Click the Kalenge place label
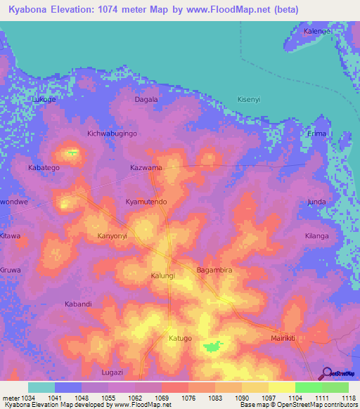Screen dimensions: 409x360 (x=316, y=32)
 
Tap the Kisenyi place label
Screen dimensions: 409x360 (x=249, y=99)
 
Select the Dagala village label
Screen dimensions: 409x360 (x=146, y=100)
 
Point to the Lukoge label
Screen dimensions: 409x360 (x=44, y=100)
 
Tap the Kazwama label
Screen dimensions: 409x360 (x=146, y=168)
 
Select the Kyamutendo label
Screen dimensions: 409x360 (x=146, y=202)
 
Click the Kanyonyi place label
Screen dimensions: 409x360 (x=112, y=235)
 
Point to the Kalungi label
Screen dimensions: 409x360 (x=163, y=276)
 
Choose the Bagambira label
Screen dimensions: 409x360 (x=214, y=270)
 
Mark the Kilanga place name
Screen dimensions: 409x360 (x=316, y=236)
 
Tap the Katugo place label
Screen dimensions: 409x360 (x=180, y=338)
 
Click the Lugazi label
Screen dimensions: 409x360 (x=112, y=372)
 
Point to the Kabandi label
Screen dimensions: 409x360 (x=78, y=304)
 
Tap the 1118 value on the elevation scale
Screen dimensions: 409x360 (x=349, y=398)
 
